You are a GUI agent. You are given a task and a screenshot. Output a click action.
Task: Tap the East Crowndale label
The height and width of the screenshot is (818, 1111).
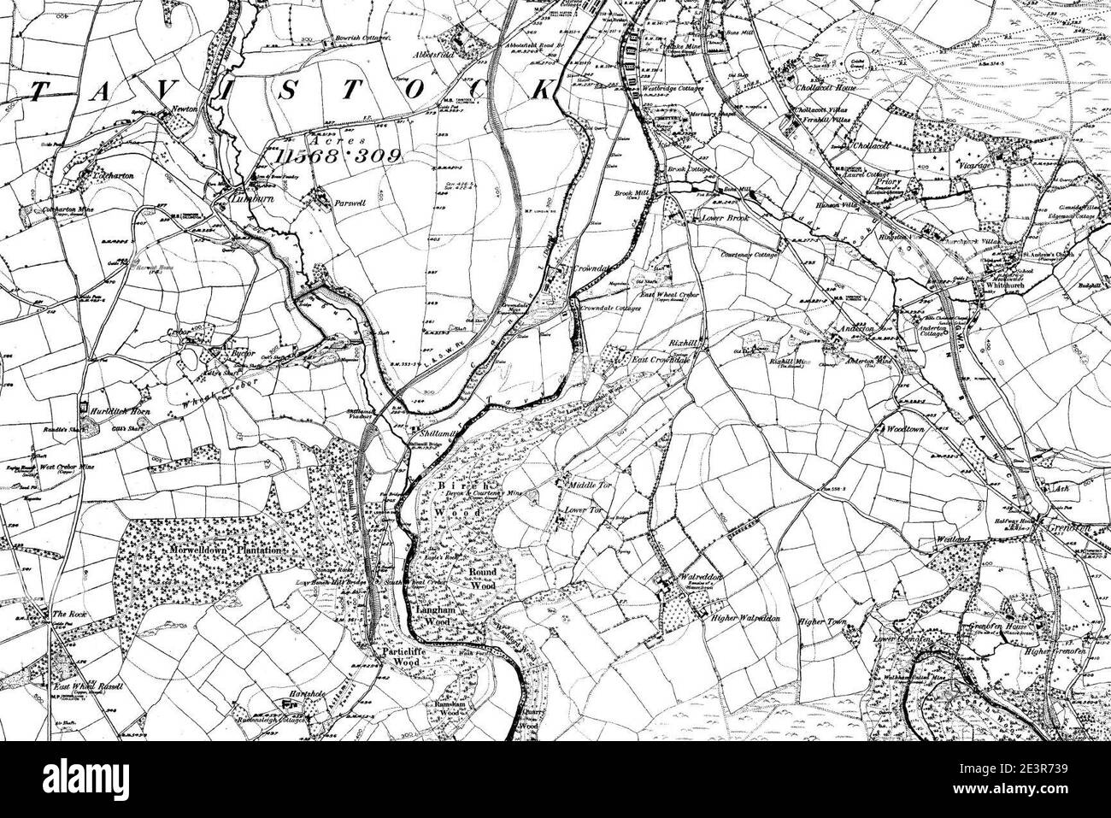661,361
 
